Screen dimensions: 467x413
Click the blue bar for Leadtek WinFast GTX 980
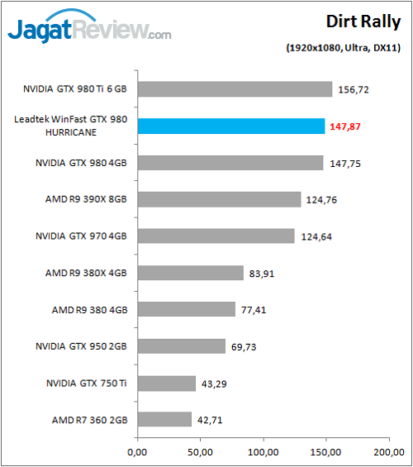(230, 126)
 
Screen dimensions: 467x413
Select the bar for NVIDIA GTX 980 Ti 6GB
(235, 89)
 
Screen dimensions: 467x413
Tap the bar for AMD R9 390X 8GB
(219, 199)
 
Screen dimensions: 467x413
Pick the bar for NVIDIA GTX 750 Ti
(166, 384)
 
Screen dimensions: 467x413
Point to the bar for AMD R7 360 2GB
(164, 420)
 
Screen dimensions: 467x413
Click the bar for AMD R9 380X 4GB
(190, 273)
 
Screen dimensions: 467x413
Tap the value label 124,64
(317, 237)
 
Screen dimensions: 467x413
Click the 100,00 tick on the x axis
(263, 452)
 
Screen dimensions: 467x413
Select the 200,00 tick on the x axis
(389, 452)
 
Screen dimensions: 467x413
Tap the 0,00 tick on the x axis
(137, 452)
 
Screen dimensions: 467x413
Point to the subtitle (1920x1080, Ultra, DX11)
(343, 48)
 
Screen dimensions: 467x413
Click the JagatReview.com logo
(89, 30)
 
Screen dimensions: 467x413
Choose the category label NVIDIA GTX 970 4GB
(81, 236)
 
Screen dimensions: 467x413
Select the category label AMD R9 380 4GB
(86, 310)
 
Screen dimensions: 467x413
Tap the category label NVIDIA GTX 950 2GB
(81, 346)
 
